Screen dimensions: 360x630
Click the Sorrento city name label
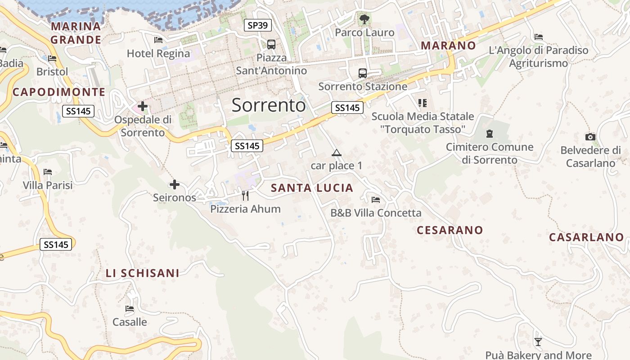coord(269,105)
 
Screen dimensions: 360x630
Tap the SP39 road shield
coord(258,25)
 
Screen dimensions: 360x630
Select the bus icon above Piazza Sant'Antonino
coord(271,45)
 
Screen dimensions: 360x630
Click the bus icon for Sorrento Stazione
coord(362,73)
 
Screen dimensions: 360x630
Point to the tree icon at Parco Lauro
coord(364,19)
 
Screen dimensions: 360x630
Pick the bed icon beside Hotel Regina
coord(158,40)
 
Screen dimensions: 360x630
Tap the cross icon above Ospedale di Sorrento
coord(143,107)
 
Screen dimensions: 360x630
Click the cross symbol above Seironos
coord(174,184)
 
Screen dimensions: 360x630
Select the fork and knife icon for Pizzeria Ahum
coord(245,195)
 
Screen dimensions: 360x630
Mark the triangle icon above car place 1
coord(336,153)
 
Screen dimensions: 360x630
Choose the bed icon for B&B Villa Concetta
coord(376,200)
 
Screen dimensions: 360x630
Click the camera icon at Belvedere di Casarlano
coord(590,137)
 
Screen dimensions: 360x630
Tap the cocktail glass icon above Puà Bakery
coord(538,342)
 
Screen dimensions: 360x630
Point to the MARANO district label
coord(448,45)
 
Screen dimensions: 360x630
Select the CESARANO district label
coord(450,230)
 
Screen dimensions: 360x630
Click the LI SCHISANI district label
coord(142,273)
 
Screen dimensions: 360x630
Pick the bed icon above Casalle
coord(130,309)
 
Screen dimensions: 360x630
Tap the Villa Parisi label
coord(48,185)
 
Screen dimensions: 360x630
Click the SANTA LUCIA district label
coord(312,188)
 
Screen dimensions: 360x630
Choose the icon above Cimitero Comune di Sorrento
coord(489,134)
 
